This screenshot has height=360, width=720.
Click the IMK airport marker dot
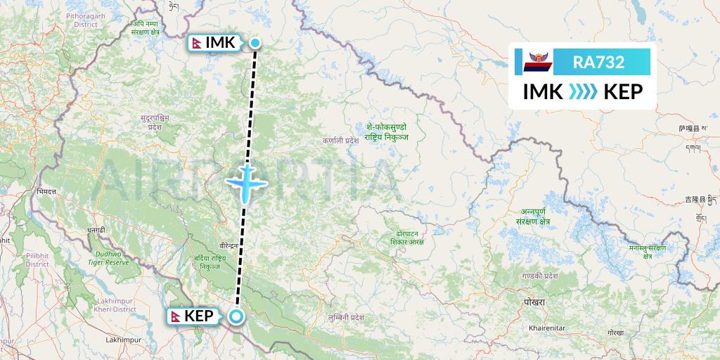[255, 43]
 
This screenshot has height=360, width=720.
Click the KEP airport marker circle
[236, 316]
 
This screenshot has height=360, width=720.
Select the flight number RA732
[598, 62]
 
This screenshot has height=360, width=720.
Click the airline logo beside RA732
[538, 62]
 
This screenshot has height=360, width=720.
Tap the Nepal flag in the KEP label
[176, 316]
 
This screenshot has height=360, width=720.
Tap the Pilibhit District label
[37, 259]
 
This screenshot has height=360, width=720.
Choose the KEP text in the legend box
[623, 91]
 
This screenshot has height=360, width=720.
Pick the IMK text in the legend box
[542, 91]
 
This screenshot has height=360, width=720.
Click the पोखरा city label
[534, 302]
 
